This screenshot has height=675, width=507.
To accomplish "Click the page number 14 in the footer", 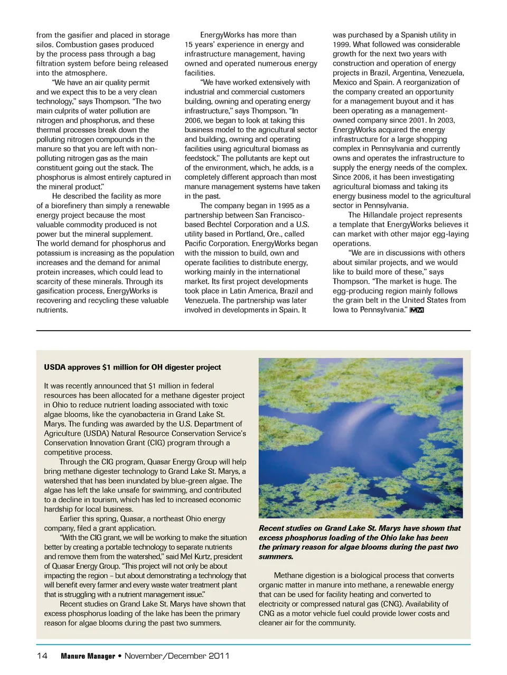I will tap(42, 656).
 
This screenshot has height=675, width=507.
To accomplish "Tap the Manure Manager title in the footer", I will tap(88, 656).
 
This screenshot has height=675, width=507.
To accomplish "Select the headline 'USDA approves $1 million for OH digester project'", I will tap(133, 367).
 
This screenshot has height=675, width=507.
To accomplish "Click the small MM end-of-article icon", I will tap(417, 310).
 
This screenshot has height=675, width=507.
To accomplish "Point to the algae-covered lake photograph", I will tap(360, 438).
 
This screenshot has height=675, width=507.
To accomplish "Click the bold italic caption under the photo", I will tap(360, 542).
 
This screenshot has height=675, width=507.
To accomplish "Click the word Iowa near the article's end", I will tap(341, 310).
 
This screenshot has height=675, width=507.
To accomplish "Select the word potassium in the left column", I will tap(54, 253).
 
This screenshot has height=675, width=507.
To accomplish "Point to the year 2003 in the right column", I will tap(445, 120).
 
